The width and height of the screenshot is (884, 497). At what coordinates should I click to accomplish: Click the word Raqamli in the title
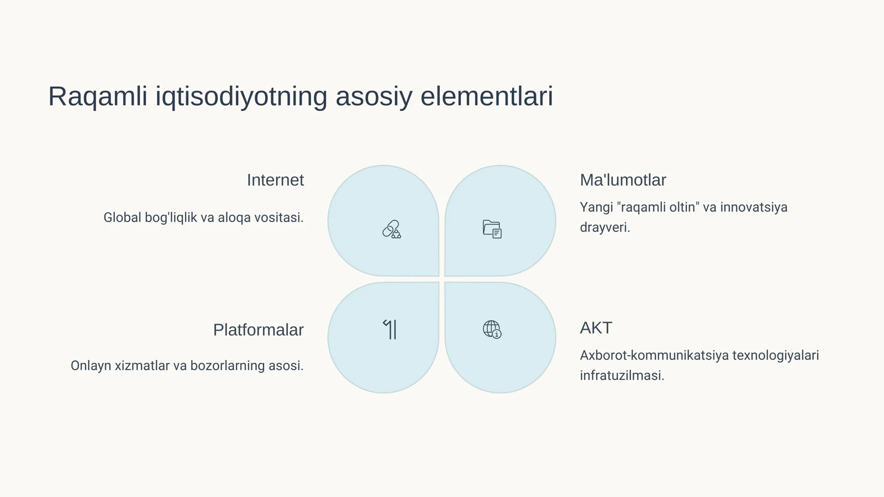coord(97,97)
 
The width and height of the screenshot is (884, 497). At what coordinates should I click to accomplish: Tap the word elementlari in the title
coord(486,97)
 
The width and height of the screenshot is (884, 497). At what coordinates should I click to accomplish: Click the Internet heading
coord(275,180)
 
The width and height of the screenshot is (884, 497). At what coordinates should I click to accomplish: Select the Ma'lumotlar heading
coord(623,180)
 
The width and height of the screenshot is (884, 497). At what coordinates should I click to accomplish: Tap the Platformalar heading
coord(258,330)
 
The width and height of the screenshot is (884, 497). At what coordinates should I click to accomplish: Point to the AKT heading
coord(596,328)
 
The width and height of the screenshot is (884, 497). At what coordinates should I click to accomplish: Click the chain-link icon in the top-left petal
coord(392,229)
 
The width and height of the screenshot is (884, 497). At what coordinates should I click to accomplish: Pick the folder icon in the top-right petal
coord(492,229)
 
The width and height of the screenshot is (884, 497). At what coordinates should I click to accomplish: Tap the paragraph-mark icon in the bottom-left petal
coord(390,329)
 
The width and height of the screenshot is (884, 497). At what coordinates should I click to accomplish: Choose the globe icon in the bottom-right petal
coord(492,329)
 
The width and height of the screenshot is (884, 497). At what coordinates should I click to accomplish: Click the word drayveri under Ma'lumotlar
coord(604,228)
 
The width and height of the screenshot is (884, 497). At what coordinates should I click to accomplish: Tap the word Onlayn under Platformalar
coord(91,366)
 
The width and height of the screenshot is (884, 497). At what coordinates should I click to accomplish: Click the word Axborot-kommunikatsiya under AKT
coord(654,356)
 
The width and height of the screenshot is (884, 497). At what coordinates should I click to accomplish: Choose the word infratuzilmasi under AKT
coord(622,376)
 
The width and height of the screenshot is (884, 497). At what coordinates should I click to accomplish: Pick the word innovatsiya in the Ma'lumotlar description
coord(754,208)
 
